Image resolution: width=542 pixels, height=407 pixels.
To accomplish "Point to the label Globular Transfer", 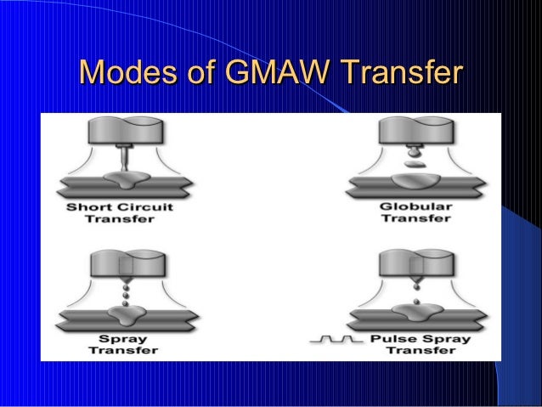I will coord(416,212).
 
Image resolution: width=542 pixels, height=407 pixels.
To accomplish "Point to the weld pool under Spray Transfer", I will coord(126,317).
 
